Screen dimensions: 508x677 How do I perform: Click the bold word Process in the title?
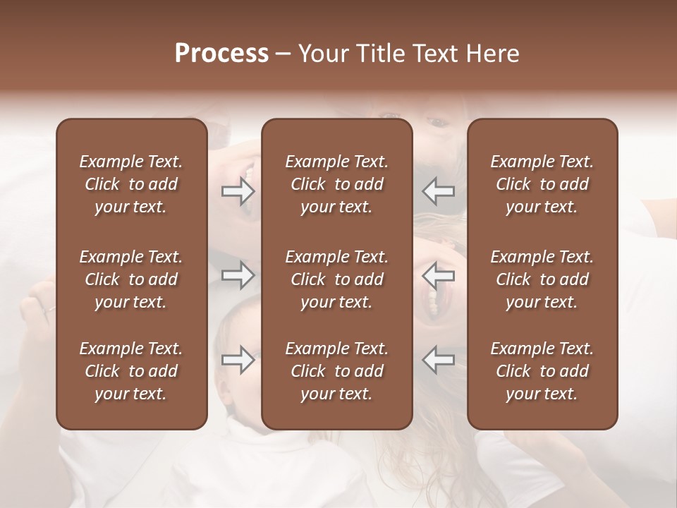point(221,54)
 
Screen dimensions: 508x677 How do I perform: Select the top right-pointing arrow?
point(238,190)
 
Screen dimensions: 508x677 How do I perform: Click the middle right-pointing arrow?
point(238,275)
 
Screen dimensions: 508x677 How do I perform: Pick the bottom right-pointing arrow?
point(238,360)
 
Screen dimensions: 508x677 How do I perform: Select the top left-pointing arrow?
point(439,190)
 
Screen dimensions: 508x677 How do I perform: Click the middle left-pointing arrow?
point(439,275)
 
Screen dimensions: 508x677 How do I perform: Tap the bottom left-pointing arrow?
point(439,360)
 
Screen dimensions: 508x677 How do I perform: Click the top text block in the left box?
point(131,185)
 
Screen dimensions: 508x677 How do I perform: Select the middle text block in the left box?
point(131,279)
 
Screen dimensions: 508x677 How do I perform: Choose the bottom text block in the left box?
point(131,371)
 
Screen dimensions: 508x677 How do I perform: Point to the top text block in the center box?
point(337,185)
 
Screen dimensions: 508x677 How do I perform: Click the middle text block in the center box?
point(337,279)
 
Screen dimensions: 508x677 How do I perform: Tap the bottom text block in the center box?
point(337,371)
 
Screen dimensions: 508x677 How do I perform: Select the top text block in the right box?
point(542,185)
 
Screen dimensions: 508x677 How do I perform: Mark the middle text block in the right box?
point(542,279)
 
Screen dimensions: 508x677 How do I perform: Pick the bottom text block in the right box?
point(542,371)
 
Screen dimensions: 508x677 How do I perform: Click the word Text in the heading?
point(433,54)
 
